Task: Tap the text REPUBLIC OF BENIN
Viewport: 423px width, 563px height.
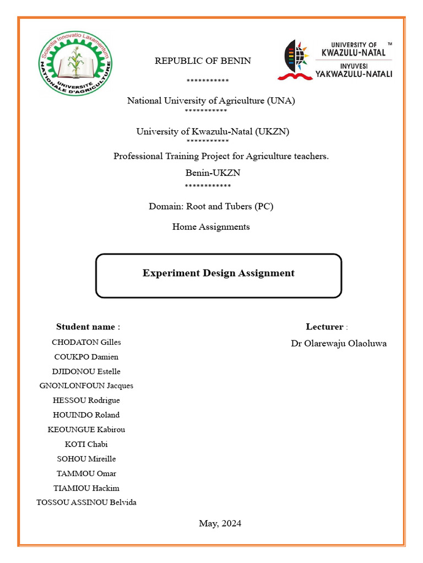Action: coord(203,61)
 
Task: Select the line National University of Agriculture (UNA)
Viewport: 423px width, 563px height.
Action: coord(211,101)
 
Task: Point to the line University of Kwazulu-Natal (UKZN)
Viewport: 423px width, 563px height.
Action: coord(213,131)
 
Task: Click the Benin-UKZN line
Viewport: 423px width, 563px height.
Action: coord(213,173)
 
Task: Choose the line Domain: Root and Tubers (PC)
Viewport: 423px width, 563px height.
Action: coord(211,207)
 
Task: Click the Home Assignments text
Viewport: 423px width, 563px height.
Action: coord(211,227)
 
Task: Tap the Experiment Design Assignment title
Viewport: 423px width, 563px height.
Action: coord(218,273)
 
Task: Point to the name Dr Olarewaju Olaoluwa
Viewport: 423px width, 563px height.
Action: coord(339,344)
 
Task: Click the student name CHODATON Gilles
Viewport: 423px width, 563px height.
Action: coord(86,342)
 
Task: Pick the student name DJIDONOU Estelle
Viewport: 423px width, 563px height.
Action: coord(86,371)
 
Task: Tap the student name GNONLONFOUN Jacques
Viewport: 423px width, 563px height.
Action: coord(86,385)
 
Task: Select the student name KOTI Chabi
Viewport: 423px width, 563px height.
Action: coord(86,444)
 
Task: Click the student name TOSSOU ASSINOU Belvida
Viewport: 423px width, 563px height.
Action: coord(86,502)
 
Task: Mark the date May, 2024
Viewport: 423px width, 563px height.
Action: coord(220,523)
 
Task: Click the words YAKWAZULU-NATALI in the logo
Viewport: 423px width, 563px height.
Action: coord(353,74)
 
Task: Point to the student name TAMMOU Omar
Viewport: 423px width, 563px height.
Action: coord(86,473)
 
